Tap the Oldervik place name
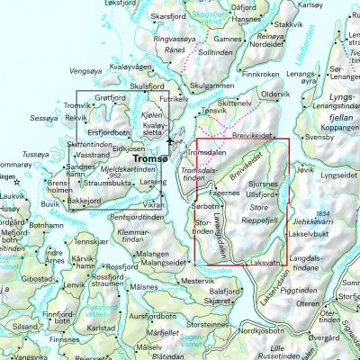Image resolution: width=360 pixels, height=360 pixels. click(x=274, y=94)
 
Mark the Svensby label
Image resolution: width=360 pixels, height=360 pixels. click(x=319, y=138)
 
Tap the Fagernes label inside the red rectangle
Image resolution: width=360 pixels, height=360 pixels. click(x=224, y=193)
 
